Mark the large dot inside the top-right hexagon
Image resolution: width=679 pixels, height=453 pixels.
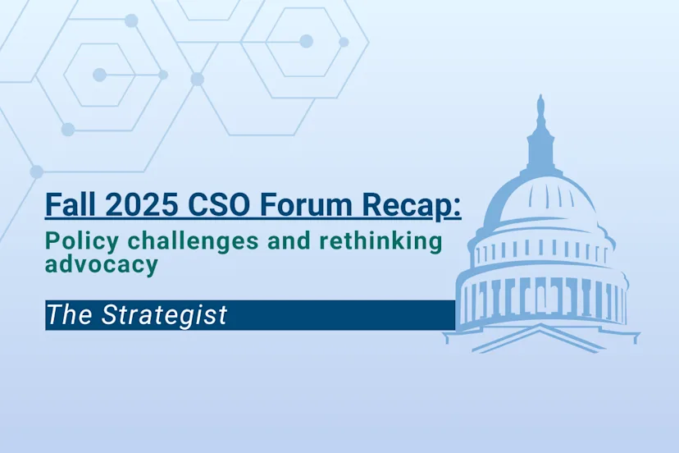pyautogui.click(x=306, y=41)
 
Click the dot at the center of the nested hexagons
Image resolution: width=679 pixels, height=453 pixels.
pyautogui.click(x=99, y=75)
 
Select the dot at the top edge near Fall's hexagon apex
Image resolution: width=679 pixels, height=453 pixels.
pyautogui.click(x=131, y=21)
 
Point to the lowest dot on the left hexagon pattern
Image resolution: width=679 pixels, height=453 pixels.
pyautogui.click(x=36, y=172)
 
